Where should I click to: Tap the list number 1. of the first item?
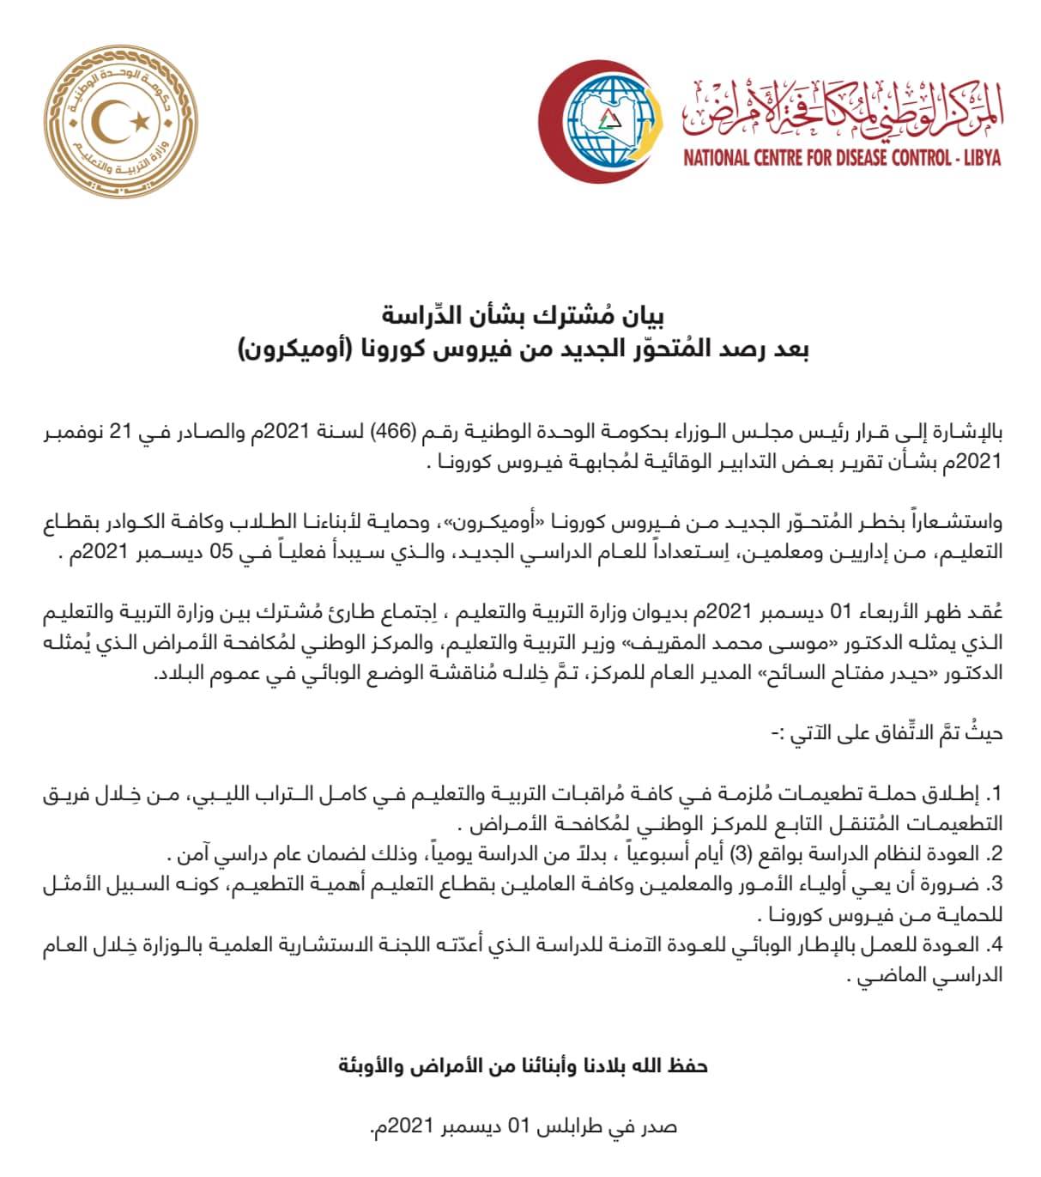pyautogui.click(x=996, y=792)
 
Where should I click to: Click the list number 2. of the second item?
pyautogui.click(x=996, y=854)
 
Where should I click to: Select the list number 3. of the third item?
pyautogui.click(x=996, y=884)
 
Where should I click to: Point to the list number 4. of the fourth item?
pyautogui.click(x=996, y=946)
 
